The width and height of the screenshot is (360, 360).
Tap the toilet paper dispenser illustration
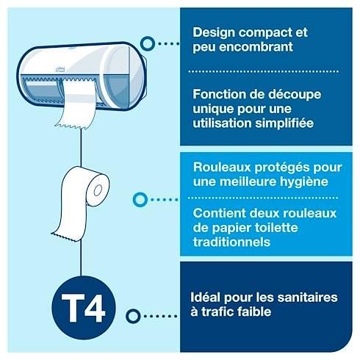click(x=80, y=73)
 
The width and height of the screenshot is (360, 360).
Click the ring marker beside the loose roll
click(x=137, y=199)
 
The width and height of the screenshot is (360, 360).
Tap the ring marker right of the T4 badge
click(x=133, y=316)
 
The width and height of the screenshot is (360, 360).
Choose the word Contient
click(x=216, y=213)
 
